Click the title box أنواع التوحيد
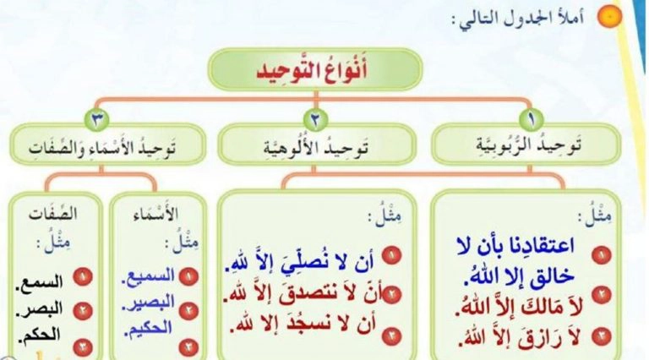[315, 69]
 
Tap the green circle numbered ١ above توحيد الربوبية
[531, 119]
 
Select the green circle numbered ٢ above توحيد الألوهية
[315, 120]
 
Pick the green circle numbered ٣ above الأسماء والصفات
[96, 120]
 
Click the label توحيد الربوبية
[528, 145]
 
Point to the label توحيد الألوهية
[316, 146]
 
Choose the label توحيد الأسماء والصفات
[102, 148]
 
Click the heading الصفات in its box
[53, 214]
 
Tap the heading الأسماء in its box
[155, 214]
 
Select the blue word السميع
[148, 276]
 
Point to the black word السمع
[40, 281]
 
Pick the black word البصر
[40, 308]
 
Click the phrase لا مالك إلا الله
[520, 308]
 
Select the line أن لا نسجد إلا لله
[303, 324]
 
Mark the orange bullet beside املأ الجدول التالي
[609, 17]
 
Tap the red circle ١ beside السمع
[82, 277]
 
